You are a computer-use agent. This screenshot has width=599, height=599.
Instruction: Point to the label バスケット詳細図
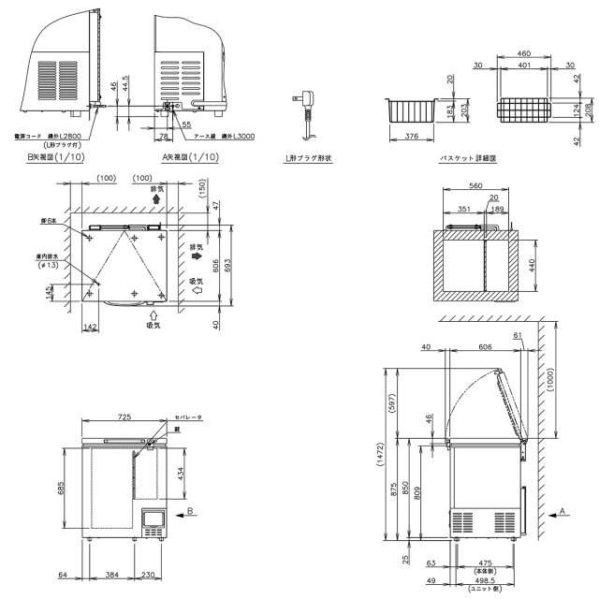468,158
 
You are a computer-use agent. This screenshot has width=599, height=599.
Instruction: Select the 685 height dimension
62,488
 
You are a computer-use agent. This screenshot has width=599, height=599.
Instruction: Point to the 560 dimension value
476,186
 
